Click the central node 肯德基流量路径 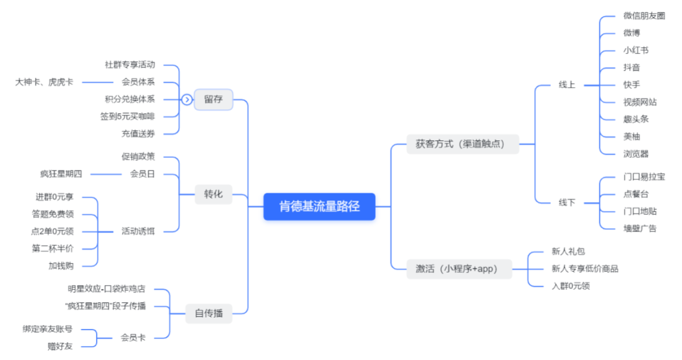point(319,206)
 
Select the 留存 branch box point(213,99)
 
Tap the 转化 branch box point(213,194)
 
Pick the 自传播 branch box point(208,313)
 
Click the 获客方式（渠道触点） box point(455,144)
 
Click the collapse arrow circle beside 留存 point(186,99)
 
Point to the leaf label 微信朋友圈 point(643,16)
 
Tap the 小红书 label point(635,51)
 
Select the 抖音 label point(631,68)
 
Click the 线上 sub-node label point(566,85)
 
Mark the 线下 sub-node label point(566,203)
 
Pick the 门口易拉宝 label point(643,177)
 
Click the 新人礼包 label point(568,251)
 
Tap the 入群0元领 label point(570,285)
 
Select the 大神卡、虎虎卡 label point(44,82)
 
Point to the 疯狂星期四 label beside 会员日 point(61,174)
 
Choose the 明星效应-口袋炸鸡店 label point(107,289)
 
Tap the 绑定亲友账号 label point(47,329)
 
